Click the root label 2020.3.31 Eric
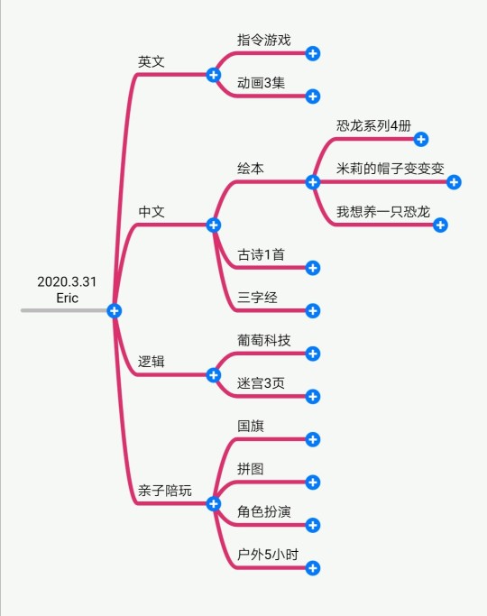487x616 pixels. [x=67, y=290]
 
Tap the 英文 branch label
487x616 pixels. [x=152, y=61]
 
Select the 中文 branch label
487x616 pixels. [x=152, y=212]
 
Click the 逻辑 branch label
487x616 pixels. [x=152, y=362]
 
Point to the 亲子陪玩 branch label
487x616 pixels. [x=165, y=491]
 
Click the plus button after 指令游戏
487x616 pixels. [x=313, y=53]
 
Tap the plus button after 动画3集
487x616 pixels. [x=313, y=97]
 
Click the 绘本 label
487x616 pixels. [x=251, y=169]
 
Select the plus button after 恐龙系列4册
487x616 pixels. [x=421, y=139]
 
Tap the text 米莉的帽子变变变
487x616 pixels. [x=390, y=169]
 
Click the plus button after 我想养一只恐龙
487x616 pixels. [x=440, y=225]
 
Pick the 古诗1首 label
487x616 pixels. [x=261, y=254]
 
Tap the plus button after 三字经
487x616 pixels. [x=313, y=311]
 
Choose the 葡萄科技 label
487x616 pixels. [x=264, y=340]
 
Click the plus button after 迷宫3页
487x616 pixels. [x=313, y=397]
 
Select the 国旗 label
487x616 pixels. [x=251, y=426]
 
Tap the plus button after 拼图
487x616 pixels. [x=313, y=483]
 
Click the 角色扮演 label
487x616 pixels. [x=264, y=511]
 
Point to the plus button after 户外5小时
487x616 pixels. [x=313, y=568]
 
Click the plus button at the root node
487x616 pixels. [x=115, y=311]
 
